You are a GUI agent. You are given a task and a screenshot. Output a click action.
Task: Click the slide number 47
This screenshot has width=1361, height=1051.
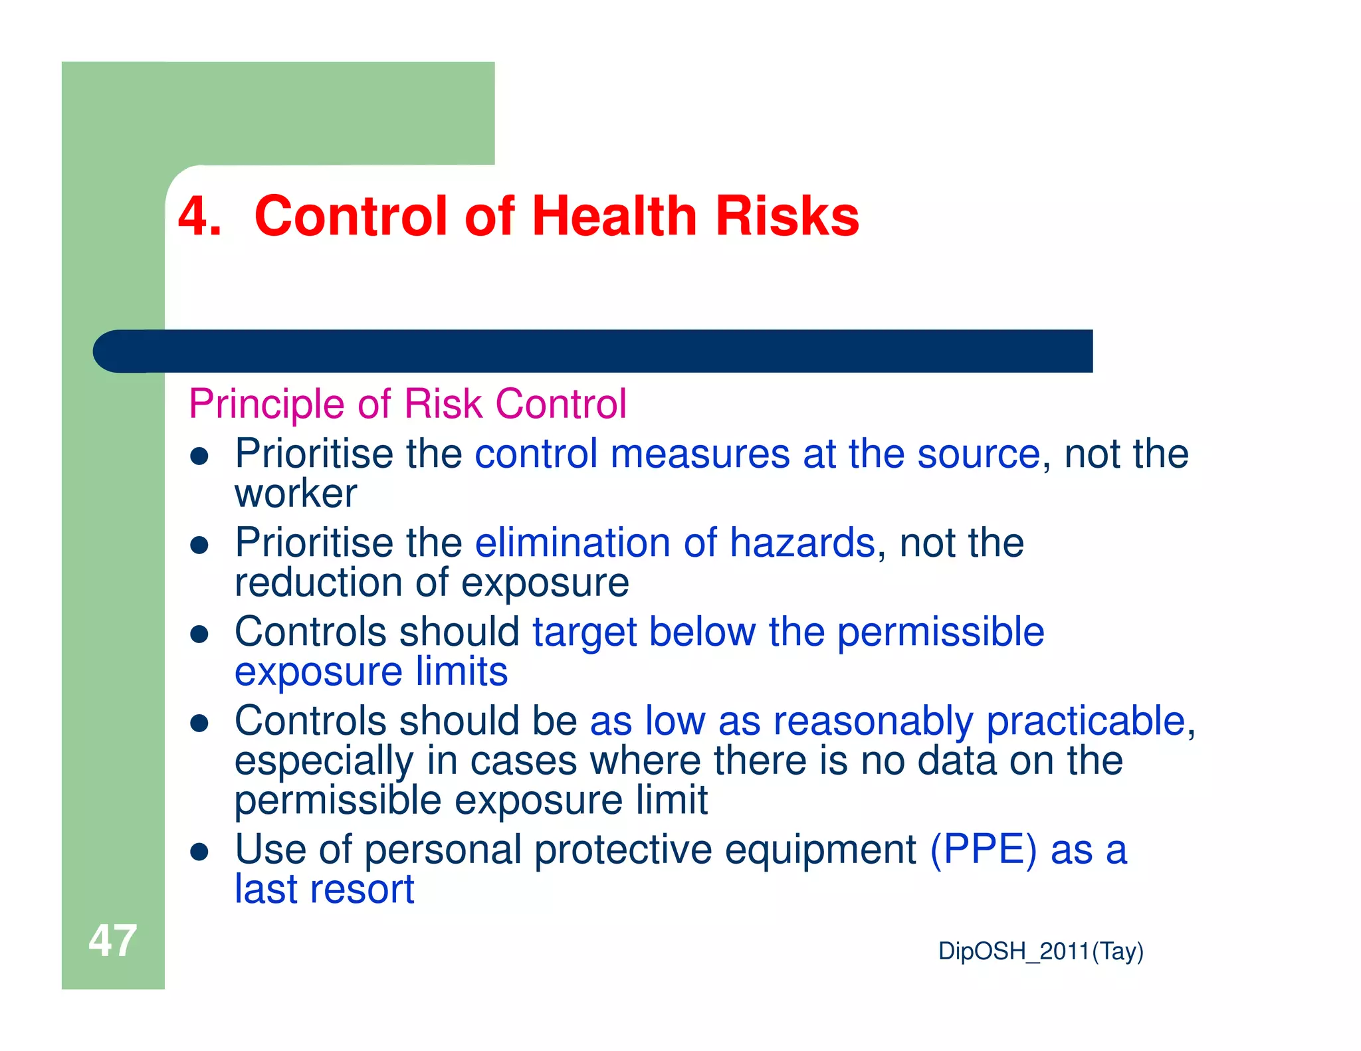112,941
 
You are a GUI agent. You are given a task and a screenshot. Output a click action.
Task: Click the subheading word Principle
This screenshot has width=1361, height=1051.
266,404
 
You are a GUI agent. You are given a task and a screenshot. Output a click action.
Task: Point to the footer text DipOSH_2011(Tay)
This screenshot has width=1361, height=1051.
1041,951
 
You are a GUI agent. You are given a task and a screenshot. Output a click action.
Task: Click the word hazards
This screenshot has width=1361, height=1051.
802,543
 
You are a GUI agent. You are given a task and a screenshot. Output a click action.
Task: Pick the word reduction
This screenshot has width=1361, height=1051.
318,583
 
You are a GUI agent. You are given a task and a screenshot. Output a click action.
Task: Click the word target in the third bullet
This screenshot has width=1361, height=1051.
584,632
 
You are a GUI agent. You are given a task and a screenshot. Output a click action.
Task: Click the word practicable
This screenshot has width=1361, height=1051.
1086,721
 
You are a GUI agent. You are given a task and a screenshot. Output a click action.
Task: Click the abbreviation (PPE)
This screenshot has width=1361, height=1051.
983,850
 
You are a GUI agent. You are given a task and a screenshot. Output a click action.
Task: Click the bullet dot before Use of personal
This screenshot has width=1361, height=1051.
199,852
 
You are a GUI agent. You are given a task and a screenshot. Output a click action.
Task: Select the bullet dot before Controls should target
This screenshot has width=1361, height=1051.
199,634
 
